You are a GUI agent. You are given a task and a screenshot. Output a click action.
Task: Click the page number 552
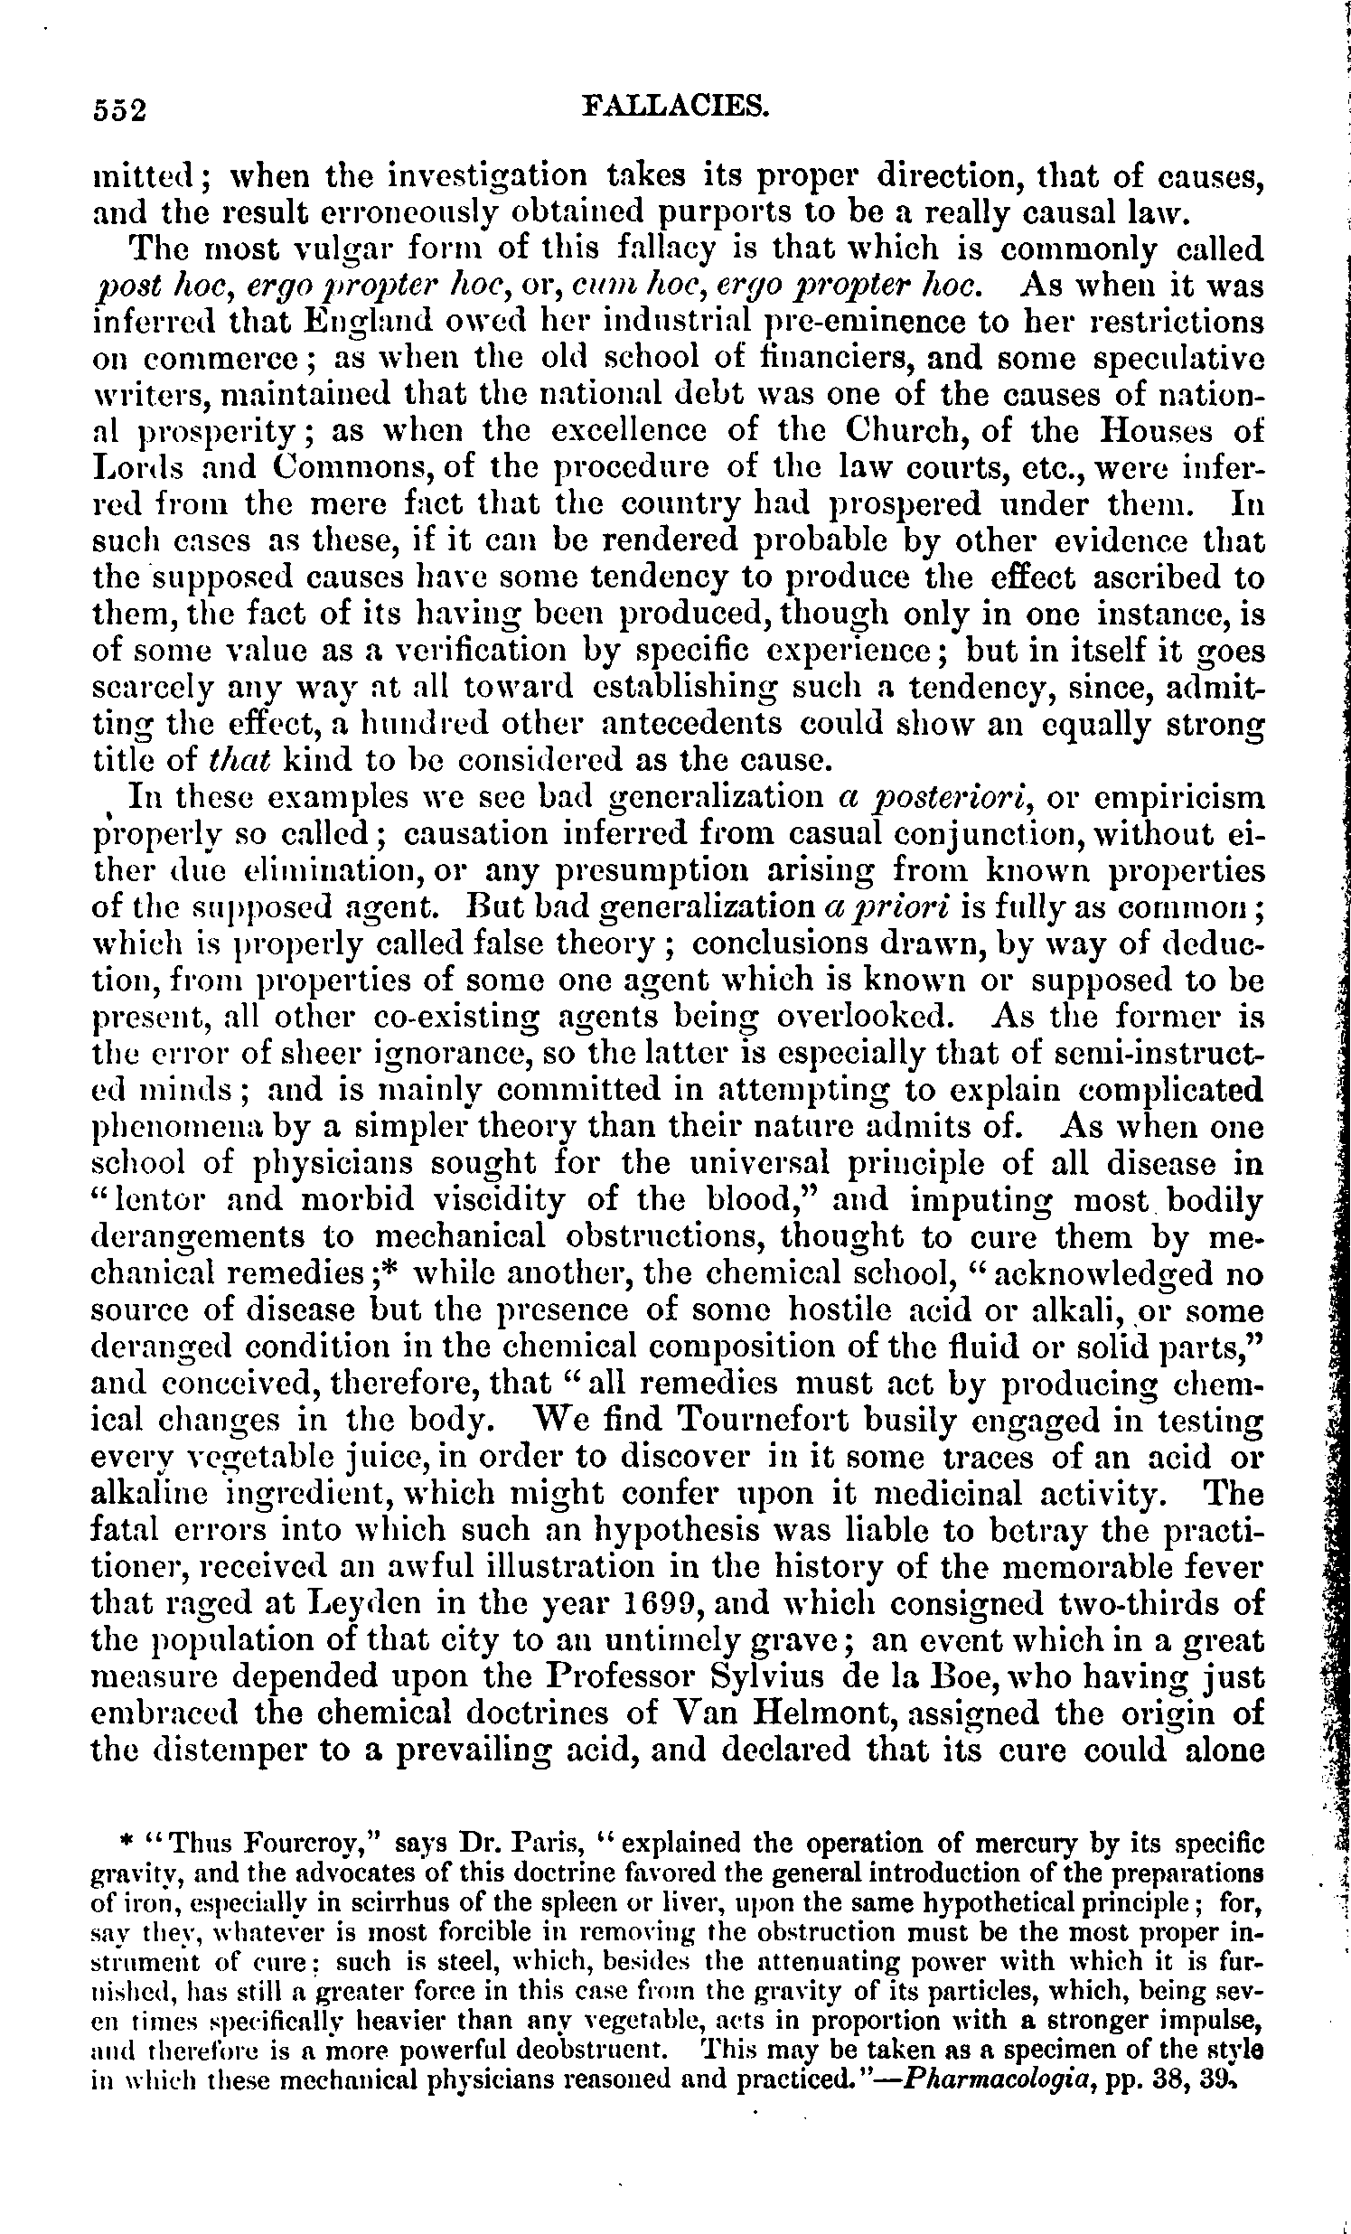click(x=120, y=109)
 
